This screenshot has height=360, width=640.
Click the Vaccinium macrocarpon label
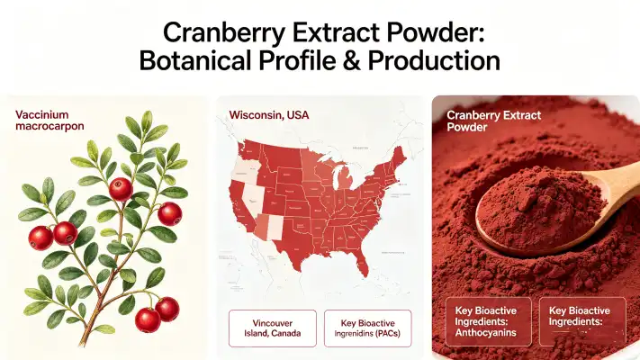pyautogui.click(x=51, y=121)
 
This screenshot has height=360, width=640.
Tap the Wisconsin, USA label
pyautogui.click(x=268, y=116)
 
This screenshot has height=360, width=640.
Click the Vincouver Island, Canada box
pyautogui.click(x=272, y=329)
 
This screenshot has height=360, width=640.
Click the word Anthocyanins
pyautogui.click(x=483, y=329)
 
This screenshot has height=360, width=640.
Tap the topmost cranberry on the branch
pyautogui.click(x=121, y=189)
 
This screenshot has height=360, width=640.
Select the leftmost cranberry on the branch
pyautogui.click(x=41, y=238)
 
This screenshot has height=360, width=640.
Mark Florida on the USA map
pyautogui.click(x=361, y=265)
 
